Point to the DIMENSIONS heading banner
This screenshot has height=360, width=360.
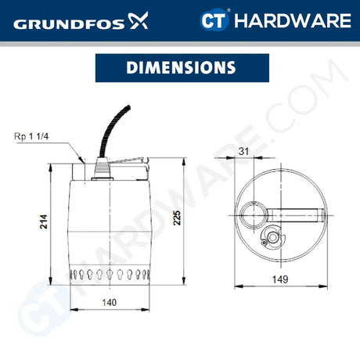[x=179, y=68]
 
